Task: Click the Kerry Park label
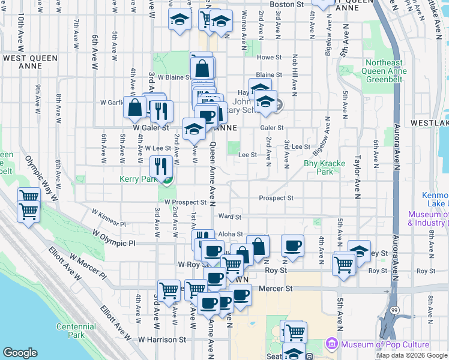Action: point(137,179)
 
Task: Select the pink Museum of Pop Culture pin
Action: point(331,344)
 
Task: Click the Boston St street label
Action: point(287,4)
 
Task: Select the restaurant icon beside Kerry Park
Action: point(160,166)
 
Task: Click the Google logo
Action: point(20,353)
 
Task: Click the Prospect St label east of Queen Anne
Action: point(276,197)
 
